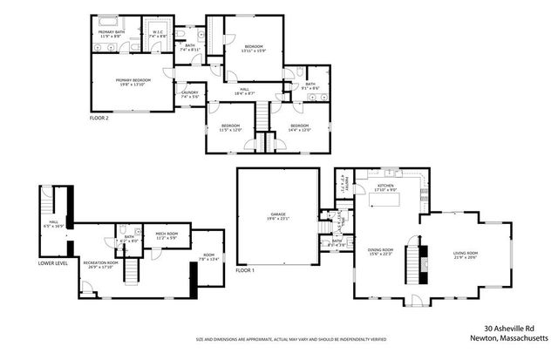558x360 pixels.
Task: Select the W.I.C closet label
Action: (158, 34)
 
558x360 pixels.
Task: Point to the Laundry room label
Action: (189, 94)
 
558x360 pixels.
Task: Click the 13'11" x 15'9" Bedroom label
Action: (253, 48)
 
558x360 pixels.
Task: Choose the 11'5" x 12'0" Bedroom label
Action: (230, 128)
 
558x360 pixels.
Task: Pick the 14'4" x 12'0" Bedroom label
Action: (299, 128)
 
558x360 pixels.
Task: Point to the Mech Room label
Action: (167, 234)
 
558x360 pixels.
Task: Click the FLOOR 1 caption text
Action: (247, 271)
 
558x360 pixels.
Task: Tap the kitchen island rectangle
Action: (386, 201)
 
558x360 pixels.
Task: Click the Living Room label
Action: (465, 255)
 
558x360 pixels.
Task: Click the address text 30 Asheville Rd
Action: (514, 329)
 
